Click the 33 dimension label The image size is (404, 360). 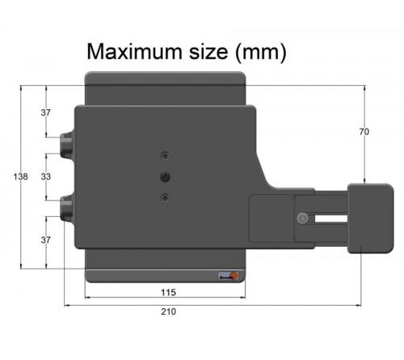coord(46,176)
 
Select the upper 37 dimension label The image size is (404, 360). coord(46,112)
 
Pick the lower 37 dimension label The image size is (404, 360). coord(46,240)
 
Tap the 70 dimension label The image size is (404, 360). coord(364,131)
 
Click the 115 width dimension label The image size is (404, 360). coord(167,292)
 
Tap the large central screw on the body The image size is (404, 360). coord(165,176)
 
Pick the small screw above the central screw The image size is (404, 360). coord(165,155)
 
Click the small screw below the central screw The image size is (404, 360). coord(165,197)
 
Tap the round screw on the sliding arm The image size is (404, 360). coord(302,218)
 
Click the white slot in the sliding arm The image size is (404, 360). coord(327,218)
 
